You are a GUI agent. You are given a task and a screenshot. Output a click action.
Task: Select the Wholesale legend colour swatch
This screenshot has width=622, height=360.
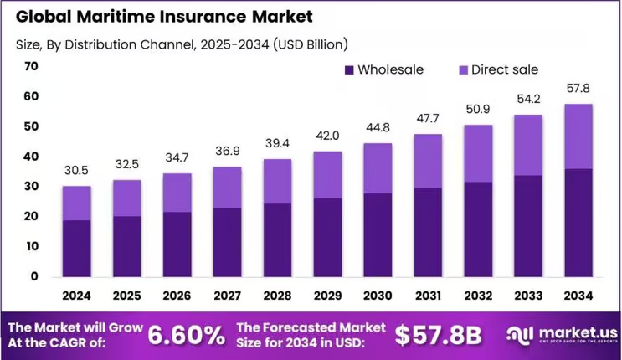coord(348,69)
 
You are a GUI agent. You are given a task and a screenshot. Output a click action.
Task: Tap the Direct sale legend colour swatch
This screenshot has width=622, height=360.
coord(462,69)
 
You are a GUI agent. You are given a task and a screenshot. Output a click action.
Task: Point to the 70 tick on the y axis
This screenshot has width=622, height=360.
coord(32,66)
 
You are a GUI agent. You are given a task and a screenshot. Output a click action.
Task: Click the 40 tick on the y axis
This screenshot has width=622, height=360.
coord(32,157)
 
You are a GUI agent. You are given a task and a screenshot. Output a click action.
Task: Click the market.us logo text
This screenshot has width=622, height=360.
coord(569,332)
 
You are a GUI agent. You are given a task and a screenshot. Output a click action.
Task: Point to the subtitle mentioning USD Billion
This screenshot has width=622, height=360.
coord(181,43)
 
